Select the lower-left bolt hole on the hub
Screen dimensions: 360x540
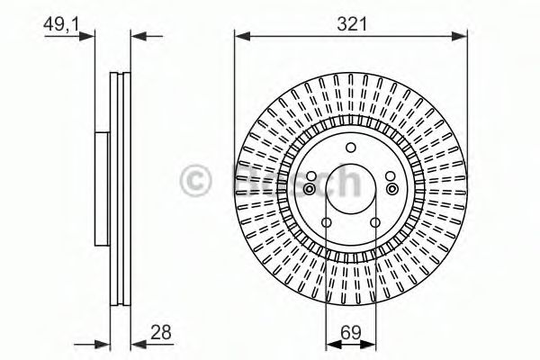point(326,221)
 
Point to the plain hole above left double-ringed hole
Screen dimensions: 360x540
point(310,175)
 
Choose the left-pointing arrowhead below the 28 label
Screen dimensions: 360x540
point(138,344)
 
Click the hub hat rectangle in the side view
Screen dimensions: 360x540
point(102,189)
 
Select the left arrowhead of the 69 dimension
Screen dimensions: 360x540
point(329,344)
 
